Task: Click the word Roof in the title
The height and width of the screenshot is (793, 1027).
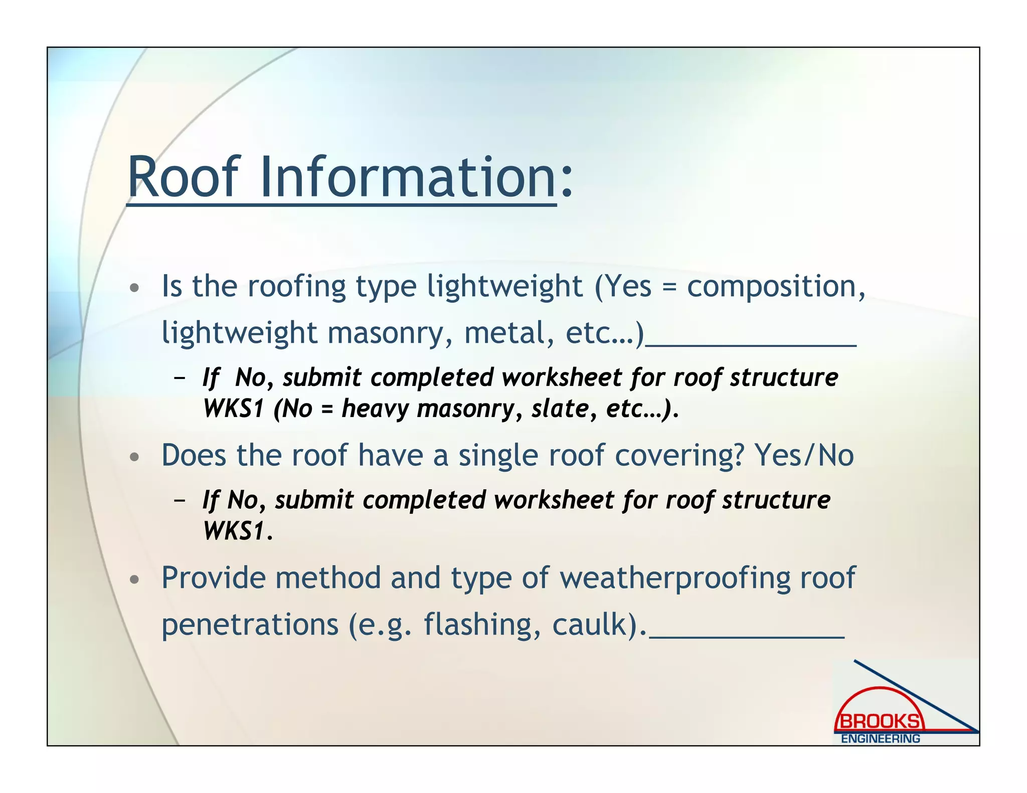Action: (183, 177)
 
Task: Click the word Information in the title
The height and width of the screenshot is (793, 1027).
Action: (407, 177)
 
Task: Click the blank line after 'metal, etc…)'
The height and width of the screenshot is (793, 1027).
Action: (751, 344)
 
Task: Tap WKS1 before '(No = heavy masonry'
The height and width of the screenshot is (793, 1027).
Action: (234, 409)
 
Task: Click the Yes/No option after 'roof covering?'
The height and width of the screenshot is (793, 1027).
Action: (804, 456)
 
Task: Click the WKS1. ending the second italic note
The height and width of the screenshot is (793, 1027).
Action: (238, 531)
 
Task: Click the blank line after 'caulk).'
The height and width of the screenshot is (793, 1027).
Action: (747, 636)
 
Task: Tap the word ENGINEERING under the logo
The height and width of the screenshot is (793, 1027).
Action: (880, 739)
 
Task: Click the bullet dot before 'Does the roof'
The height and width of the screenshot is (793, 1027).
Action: (134, 457)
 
